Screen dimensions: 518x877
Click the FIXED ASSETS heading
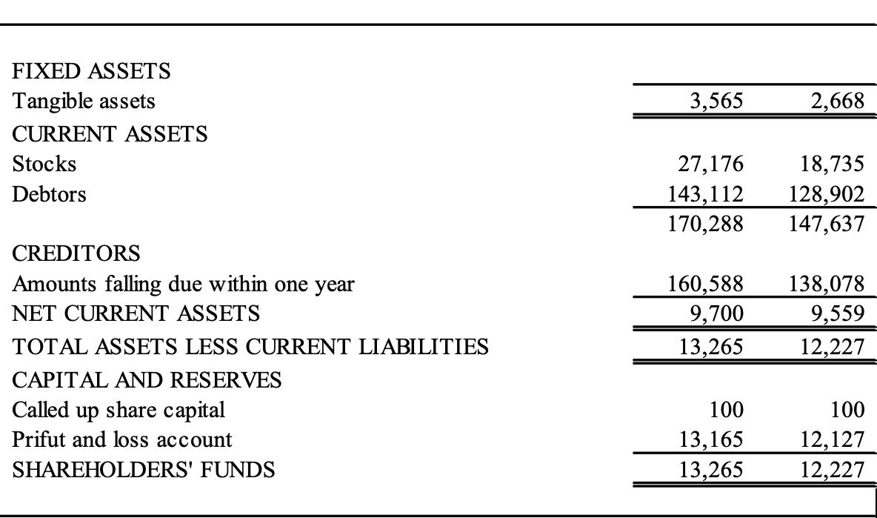click(91, 71)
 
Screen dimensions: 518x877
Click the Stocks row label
click(44, 163)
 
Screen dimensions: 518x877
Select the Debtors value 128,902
click(827, 194)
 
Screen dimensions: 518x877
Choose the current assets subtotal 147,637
click(827, 224)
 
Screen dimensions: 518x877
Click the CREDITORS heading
click(76, 253)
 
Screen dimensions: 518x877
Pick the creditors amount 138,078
click(827, 284)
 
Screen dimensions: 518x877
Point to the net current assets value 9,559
click(837, 314)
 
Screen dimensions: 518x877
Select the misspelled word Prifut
click(35, 439)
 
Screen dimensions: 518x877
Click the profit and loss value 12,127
click(833, 439)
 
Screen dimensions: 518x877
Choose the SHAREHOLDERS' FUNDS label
click(144, 470)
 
